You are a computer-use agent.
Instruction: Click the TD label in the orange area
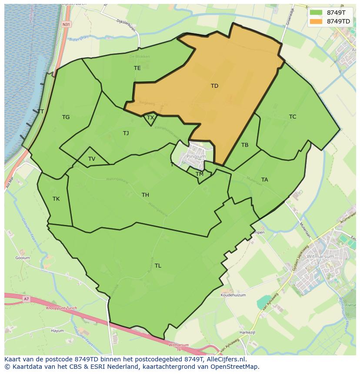[x=214, y=86]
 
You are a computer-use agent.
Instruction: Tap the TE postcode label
[x=137, y=68]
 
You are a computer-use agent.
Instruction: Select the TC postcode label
[x=293, y=117]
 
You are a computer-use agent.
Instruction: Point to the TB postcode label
[x=245, y=145]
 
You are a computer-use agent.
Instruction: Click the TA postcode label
[x=265, y=180]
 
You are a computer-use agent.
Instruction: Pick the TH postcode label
[x=145, y=195]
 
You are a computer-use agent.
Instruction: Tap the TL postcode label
[x=158, y=266]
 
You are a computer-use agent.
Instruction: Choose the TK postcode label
[x=56, y=199]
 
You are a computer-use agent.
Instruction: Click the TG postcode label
[x=66, y=117]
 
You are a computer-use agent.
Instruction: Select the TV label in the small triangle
[x=92, y=159]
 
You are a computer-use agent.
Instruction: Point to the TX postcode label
[x=150, y=118]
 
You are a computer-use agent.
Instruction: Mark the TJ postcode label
[x=126, y=133]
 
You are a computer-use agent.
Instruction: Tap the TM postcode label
[x=200, y=174]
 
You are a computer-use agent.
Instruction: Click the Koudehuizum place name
[x=233, y=295]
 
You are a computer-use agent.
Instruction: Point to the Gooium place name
[x=23, y=258]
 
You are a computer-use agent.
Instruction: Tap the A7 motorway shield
[x=26, y=299]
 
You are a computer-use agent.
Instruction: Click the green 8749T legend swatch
[x=316, y=13]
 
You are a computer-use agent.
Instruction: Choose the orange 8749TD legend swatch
[x=316, y=21]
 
